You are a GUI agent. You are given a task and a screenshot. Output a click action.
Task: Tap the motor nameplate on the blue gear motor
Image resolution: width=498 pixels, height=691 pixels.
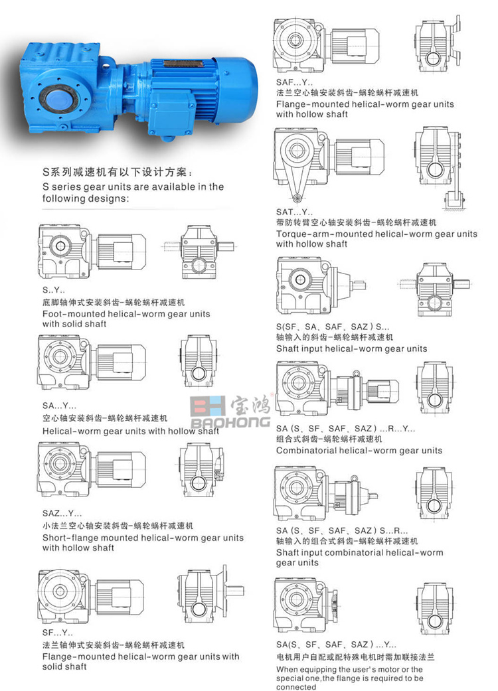[x=183, y=64]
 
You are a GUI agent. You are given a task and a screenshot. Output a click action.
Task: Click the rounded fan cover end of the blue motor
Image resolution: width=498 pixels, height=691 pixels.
[x=242, y=90]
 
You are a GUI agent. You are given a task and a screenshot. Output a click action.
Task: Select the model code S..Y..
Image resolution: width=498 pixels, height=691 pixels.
[x=54, y=290]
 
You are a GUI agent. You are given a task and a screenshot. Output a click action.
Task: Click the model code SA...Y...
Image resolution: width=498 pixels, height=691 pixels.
[x=60, y=406]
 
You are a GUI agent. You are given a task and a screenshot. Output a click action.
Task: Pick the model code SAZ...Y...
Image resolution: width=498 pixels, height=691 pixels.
[x=62, y=513]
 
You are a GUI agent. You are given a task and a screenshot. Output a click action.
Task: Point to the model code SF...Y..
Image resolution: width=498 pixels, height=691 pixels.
[x=58, y=633]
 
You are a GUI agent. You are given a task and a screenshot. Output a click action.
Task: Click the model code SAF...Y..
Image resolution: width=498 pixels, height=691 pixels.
[x=294, y=82]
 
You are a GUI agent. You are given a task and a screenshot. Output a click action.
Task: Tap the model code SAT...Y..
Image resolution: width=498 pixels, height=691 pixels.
[x=294, y=212]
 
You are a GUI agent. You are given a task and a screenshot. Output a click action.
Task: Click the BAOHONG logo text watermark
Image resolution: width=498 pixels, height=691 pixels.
[x=230, y=422]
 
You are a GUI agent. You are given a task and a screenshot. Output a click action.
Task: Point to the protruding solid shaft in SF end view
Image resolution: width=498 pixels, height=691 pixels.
[x=236, y=590]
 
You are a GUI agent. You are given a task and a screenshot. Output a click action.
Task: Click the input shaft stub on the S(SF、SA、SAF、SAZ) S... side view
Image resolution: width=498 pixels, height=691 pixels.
[x=358, y=285]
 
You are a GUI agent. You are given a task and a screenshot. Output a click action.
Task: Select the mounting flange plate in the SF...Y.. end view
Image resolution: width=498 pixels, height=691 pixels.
[x=224, y=589]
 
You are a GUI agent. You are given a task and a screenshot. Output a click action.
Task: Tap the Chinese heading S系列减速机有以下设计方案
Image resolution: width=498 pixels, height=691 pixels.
[x=118, y=173]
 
